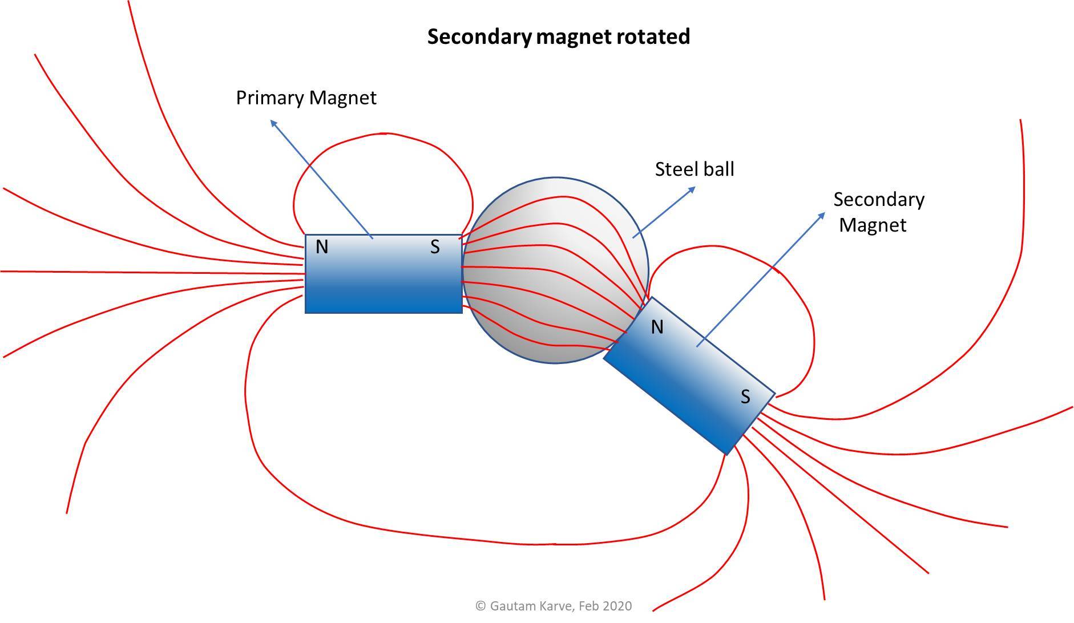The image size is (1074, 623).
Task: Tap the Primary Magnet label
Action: point(306,98)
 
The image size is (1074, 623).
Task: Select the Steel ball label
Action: point(694,169)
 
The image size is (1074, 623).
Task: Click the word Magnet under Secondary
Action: point(872,225)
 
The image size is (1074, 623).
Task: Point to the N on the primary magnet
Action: point(322,247)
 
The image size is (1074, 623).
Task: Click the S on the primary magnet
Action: point(435,247)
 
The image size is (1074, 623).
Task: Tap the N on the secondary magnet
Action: point(657,327)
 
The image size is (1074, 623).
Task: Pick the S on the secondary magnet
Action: point(745,397)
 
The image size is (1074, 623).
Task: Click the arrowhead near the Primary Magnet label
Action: point(273,123)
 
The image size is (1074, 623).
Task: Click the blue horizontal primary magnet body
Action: point(383,285)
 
